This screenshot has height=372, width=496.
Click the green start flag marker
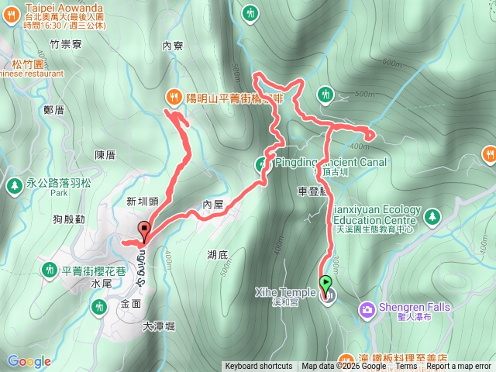click(x=326, y=284)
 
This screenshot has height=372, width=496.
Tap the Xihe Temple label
click(x=284, y=292)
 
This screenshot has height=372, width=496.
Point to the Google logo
click(x=29, y=361)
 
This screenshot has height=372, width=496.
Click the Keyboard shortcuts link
click(x=259, y=367)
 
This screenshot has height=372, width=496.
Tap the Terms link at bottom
click(x=406, y=367)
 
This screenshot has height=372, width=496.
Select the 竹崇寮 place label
click(x=64, y=45)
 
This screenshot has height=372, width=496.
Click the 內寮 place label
click(x=173, y=46)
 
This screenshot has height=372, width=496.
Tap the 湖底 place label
click(x=196, y=254)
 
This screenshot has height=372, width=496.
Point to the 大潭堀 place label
click(x=159, y=326)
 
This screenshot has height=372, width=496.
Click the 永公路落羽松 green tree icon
click(x=14, y=185)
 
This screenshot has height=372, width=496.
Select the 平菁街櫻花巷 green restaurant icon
click(x=48, y=269)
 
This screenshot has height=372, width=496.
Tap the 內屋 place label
click(x=212, y=203)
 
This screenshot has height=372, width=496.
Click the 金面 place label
click(x=131, y=305)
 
